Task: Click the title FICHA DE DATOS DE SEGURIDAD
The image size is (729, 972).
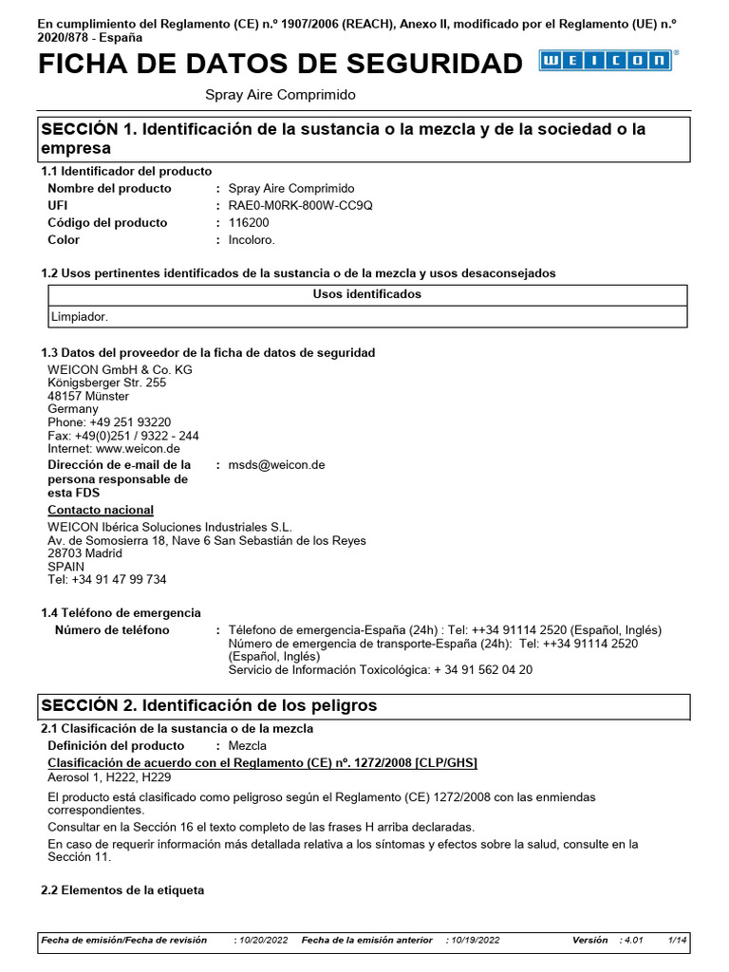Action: (x=280, y=64)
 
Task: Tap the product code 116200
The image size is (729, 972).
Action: (x=250, y=223)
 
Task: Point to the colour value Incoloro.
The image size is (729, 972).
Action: (x=252, y=240)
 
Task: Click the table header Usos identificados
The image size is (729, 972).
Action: (x=366, y=294)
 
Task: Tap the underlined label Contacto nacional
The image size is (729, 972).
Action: (x=101, y=511)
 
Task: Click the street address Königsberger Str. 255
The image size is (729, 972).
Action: (x=106, y=383)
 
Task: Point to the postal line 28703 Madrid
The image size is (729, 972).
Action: (x=84, y=553)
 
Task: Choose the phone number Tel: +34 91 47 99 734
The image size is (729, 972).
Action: (x=106, y=580)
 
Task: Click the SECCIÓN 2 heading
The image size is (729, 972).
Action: (x=208, y=706)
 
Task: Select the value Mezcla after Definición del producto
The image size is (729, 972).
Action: (x=248, y=746)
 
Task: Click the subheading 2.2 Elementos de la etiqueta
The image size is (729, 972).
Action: (x=122, y=891)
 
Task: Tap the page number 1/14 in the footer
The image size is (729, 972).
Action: (x=677, y=940)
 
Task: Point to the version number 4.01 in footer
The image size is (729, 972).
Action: (x=632, y=940)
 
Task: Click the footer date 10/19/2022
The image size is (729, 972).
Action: (x=476, y=940)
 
